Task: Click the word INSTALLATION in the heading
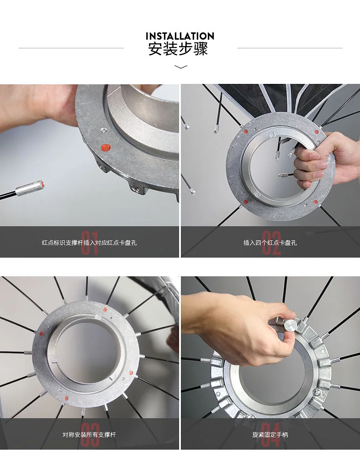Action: (x=180, y=36)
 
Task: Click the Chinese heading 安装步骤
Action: (x=178, y=49)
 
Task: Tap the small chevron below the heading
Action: (x=181, y=67)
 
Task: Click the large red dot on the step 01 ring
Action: (x=106, y=148)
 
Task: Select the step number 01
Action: (x=90, y=243)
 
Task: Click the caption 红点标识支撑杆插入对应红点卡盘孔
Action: (x=89, y=243)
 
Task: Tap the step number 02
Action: (x=271, y=243)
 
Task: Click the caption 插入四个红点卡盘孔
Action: (x=270, y=243)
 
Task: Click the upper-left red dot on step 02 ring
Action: (x=246, y=132)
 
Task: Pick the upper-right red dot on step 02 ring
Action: (x=316, y=132)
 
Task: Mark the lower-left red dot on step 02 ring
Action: (x=246, y=202)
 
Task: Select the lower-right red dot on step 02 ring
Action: (x=315, y=202)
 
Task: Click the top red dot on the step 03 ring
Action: (x=105, y=310)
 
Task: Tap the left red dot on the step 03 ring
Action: (x=41, y=334)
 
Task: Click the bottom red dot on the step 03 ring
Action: (x=67, y=399)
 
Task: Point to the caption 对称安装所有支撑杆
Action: (x=89, y=435)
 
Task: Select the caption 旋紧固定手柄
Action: (x=270, y=435)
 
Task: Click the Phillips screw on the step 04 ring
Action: (x=317, y=392)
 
